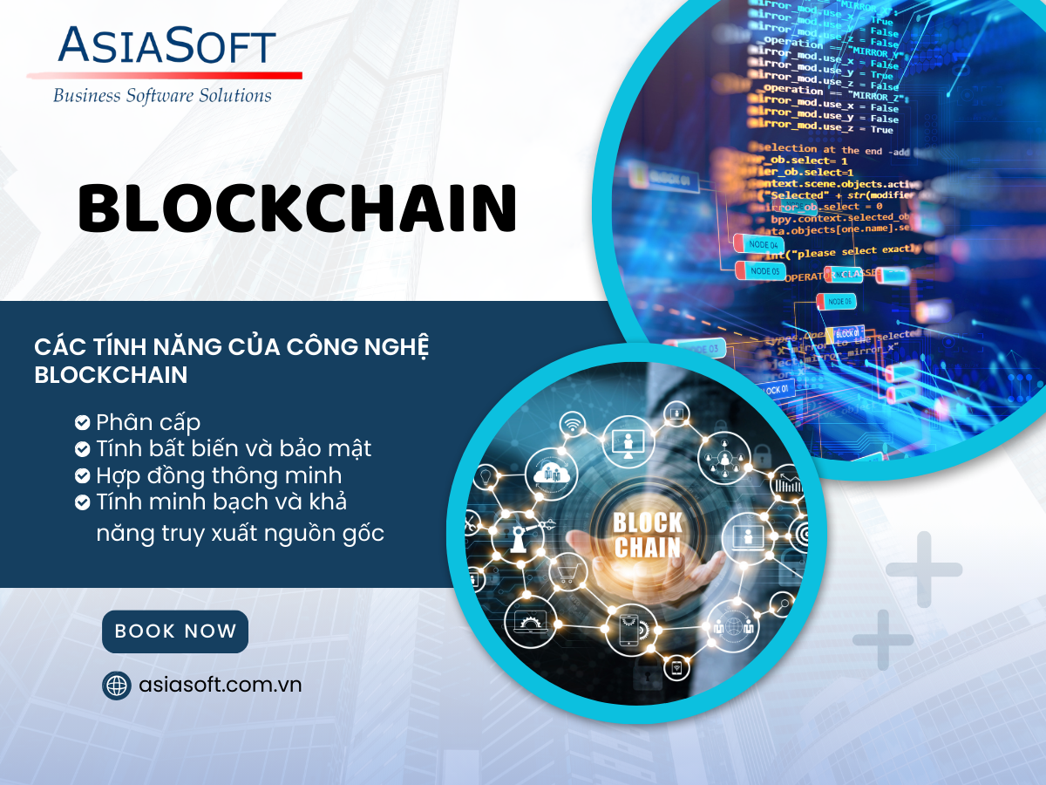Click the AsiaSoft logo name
click(166, 45)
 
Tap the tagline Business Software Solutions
click(162, 95)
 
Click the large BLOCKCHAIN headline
click(297, 208)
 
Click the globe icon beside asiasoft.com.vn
click(116, 686)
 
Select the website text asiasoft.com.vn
click(220, 685)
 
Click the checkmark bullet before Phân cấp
click(83, 423)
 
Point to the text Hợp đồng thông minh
click(219, 476)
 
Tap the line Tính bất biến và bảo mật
click(234, 449)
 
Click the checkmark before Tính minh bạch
click(83, 502)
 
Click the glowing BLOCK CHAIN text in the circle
click(647, 535)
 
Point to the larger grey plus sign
click(924, 570)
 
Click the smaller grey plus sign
click(882, 640)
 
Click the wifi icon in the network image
click(573, 425)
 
